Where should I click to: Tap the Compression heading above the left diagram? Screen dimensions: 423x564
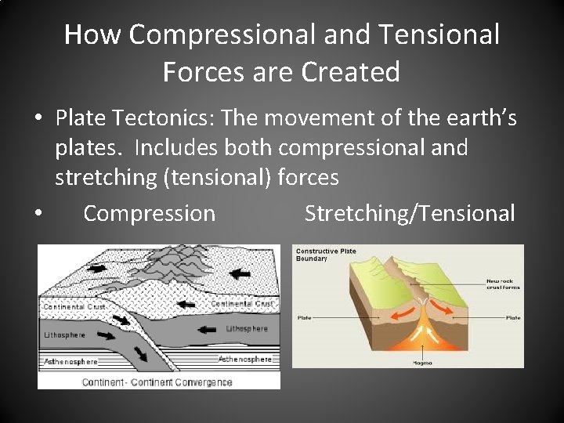(x=149, y=213)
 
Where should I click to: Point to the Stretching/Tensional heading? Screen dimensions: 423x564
(x=410, y=213)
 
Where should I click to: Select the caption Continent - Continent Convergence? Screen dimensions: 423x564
(x=157, y=382)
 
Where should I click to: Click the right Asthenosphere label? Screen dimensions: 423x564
(x=244, y=359)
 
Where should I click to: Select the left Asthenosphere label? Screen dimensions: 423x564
(x=70, y=361)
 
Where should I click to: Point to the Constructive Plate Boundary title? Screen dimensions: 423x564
(x=325, y=255)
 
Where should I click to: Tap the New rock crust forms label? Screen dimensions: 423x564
(x=503, y=284)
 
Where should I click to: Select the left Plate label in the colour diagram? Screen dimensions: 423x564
(x=304, y=318)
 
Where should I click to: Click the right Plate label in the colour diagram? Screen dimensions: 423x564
(x=513, y=318)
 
